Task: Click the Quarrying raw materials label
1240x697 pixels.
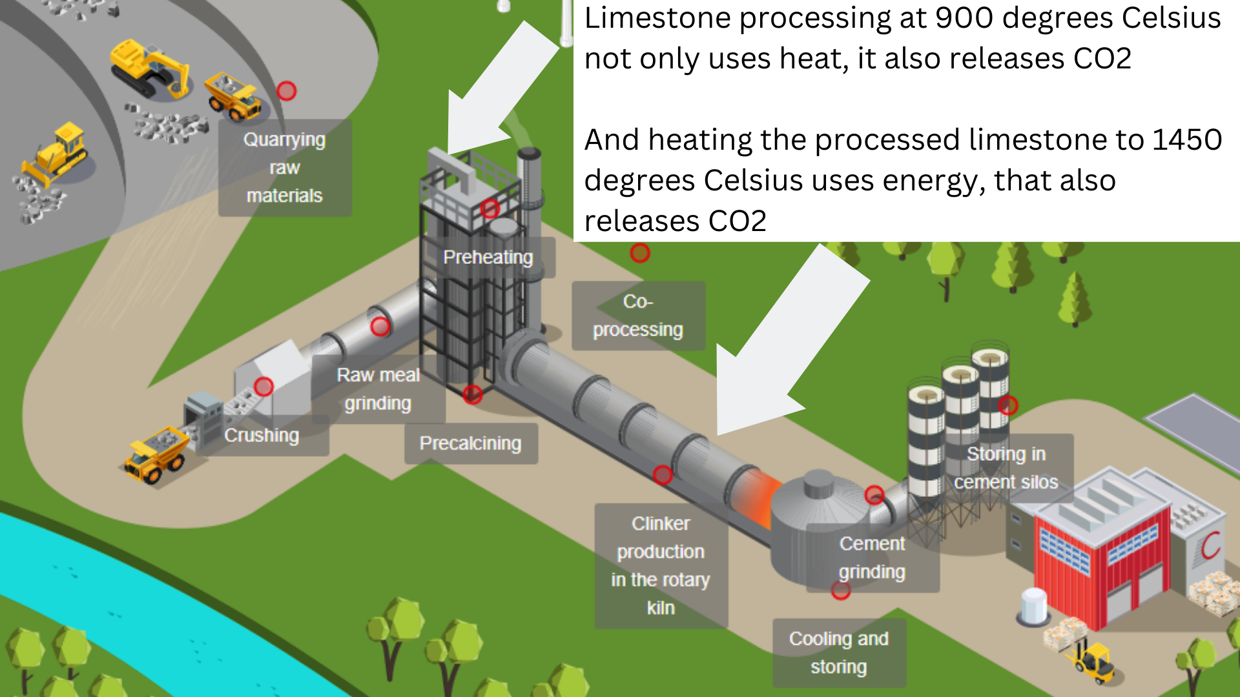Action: click(x=285, y=167)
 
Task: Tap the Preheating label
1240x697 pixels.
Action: click(x=488, y=258)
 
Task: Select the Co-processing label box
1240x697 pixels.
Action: click(x=638, y=316)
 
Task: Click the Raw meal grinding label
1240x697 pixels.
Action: click(x=378, y=389)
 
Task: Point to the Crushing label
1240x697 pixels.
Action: click(x=262, y=436)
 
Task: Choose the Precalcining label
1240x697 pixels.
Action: click(x=470, y=443)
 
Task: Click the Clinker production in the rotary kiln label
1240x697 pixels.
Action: click(x=661, y=565)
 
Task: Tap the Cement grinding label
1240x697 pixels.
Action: click(x=872, y=558)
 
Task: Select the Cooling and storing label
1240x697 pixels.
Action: click(x=839, y=652)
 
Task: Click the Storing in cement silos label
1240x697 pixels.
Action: click(x=1006, y=468)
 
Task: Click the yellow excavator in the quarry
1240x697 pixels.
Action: click(x=150, y=70)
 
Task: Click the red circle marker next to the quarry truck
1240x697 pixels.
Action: click(x=287, y=91)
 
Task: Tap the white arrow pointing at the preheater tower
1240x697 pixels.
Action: click(x=497, y=90)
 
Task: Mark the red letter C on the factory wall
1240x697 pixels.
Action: click(x=1210, y=545)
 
